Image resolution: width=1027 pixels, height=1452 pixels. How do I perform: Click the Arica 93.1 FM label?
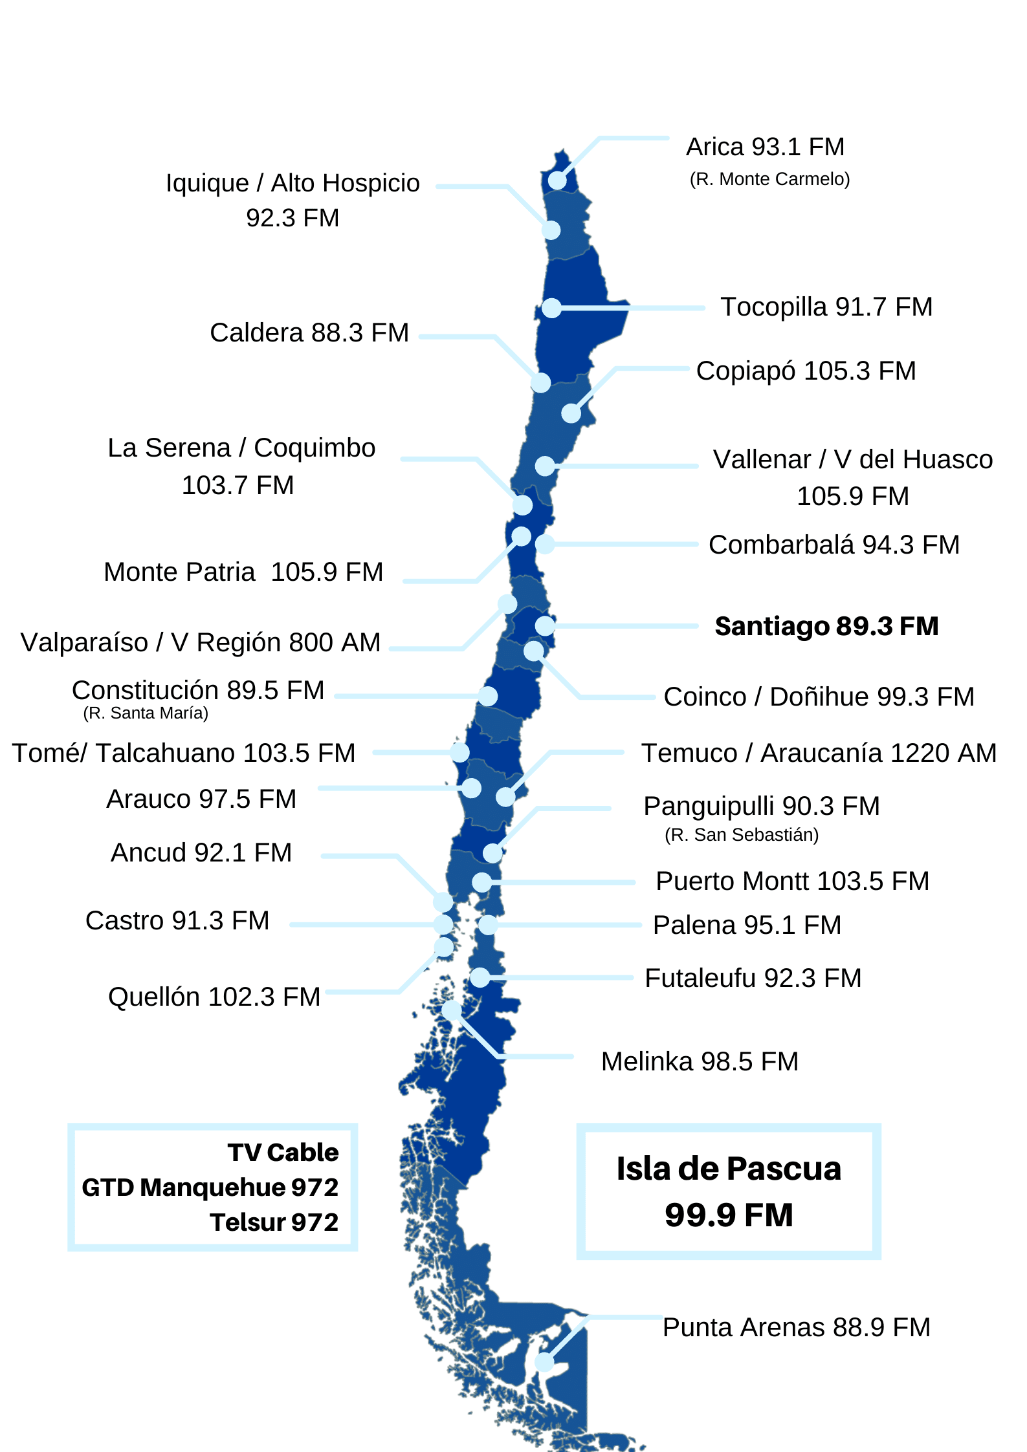[x=765, y=147]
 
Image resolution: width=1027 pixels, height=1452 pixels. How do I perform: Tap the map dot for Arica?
[x=557, y=180]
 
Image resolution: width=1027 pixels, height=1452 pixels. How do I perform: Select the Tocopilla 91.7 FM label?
[x=826, y=307]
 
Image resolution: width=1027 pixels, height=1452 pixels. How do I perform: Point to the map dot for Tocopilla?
[x=551, y=308]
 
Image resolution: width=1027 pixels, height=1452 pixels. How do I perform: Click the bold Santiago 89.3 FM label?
[x=826, y=626]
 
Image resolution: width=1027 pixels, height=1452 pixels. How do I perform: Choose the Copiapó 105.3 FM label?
[x=806, y=371]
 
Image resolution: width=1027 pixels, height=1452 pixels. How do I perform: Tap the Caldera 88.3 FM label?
[x=309, y=333]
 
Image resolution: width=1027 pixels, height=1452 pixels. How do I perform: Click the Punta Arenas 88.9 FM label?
[x=796, y=1327]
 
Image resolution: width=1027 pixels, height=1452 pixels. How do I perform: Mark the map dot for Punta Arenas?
[x=545, y=1362]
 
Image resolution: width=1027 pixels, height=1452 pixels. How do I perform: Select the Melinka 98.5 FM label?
[x=700, y=1061]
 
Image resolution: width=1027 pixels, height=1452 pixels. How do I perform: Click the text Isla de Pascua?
[x=729, y=1169]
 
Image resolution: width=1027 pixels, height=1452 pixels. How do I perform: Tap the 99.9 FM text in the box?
[x=729, y=1215]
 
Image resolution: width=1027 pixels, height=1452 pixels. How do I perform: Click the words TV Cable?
[x=283, y=1153]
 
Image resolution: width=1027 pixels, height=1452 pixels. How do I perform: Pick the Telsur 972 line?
[x=274, y=1222]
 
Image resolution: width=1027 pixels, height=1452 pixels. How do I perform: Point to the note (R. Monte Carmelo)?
[x=769, y=179]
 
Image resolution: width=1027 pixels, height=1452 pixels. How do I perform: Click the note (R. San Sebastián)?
[x=742, y=835]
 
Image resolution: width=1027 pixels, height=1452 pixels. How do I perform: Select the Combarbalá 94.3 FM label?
[x=834, y=545]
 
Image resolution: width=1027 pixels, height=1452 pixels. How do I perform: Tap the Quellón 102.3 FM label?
[x=214, y=997]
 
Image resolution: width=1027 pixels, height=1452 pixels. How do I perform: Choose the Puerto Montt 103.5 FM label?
[x=792, y=881]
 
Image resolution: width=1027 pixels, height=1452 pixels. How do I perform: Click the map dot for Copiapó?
[x=571, y=413]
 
